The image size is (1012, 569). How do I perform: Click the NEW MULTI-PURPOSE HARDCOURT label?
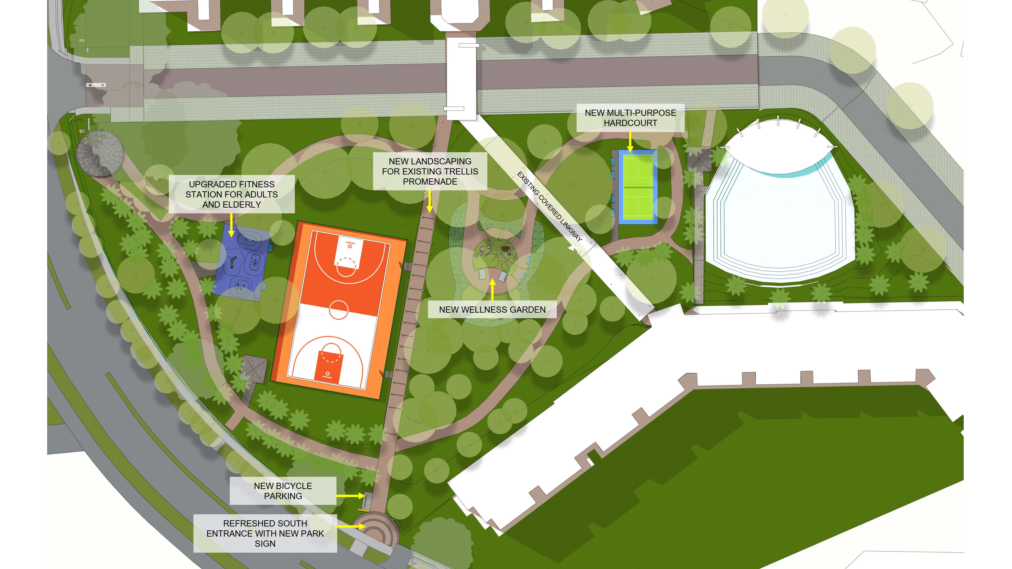pos(630,118)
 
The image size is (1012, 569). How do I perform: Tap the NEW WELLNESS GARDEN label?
pos(492,309)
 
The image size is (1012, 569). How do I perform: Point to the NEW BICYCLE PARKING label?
pos(283,491)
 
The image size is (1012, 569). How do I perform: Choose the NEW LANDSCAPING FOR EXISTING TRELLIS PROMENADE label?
pos(430,171)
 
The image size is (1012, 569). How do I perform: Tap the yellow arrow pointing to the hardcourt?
pos(630,142)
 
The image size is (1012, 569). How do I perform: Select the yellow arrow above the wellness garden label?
pos(492,289)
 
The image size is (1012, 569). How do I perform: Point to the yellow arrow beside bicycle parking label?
pos(351,496)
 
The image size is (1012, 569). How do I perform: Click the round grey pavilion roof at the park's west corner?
pos(99,153)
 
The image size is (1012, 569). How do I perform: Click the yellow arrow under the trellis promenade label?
pos(430,201)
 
